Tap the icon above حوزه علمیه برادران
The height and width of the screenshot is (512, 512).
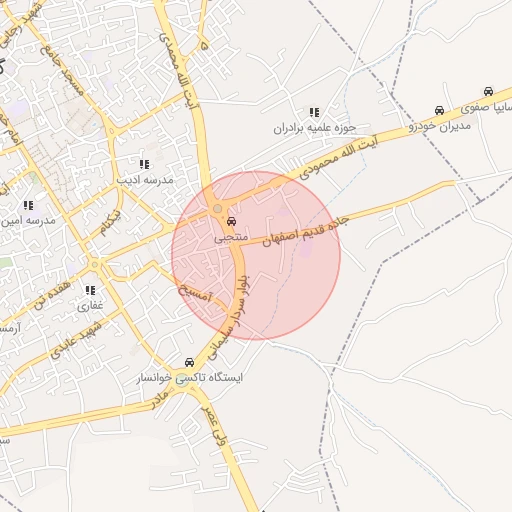314,112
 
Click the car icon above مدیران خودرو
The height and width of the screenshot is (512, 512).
439,110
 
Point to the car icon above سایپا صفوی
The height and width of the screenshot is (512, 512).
488,91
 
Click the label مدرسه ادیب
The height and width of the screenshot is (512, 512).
145,180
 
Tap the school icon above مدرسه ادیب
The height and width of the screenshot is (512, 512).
144,164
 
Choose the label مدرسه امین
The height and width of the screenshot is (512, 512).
28,220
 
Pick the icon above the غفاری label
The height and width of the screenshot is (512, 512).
90,290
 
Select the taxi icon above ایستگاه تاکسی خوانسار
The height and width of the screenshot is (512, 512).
189,362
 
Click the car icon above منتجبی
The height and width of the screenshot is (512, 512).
232,222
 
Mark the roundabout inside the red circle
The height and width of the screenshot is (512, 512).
218,208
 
